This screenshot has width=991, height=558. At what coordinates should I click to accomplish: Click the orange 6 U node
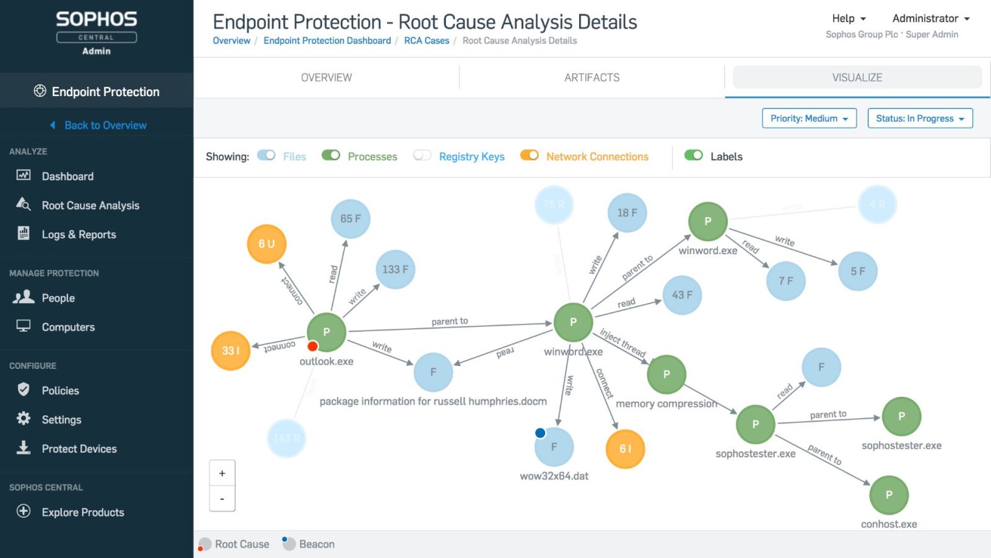[x=266, y=244]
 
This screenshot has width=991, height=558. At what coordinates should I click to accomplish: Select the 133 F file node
[x=395, y=269]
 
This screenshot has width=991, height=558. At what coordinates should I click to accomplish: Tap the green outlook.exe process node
[x=326, y=332]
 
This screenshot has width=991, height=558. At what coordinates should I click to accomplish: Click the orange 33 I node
[x=230, y=350]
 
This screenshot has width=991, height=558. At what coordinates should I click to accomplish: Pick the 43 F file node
[x=682, y=295]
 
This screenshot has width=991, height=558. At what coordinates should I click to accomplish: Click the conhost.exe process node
[x=889, y=495]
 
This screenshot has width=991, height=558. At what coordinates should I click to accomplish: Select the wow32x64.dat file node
[x=554, y=446]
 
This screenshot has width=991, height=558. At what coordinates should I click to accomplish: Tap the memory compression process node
[x=666, y=374]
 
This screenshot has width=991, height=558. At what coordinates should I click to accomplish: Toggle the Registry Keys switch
[x=422, y=156]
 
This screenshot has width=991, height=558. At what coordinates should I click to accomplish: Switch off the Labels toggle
[x=694, y=156]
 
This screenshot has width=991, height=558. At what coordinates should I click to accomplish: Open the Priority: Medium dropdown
[x=809, y=118]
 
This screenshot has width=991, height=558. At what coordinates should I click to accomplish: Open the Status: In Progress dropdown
[x=920, y=118]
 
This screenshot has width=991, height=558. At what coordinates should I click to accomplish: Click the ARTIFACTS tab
[x=592, y=77]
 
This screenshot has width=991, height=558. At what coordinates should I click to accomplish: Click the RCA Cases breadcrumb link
[x=427, y=41]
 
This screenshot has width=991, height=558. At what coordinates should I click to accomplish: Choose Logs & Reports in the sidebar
[x=79, y=234]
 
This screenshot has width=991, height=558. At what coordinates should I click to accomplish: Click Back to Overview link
[x=105, y=125]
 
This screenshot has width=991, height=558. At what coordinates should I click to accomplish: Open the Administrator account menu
[x=930, y=19]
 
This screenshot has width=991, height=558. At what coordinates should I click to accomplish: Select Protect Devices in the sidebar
[x=79, y=449]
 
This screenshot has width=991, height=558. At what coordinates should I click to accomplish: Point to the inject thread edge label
[x=622, y=343]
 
